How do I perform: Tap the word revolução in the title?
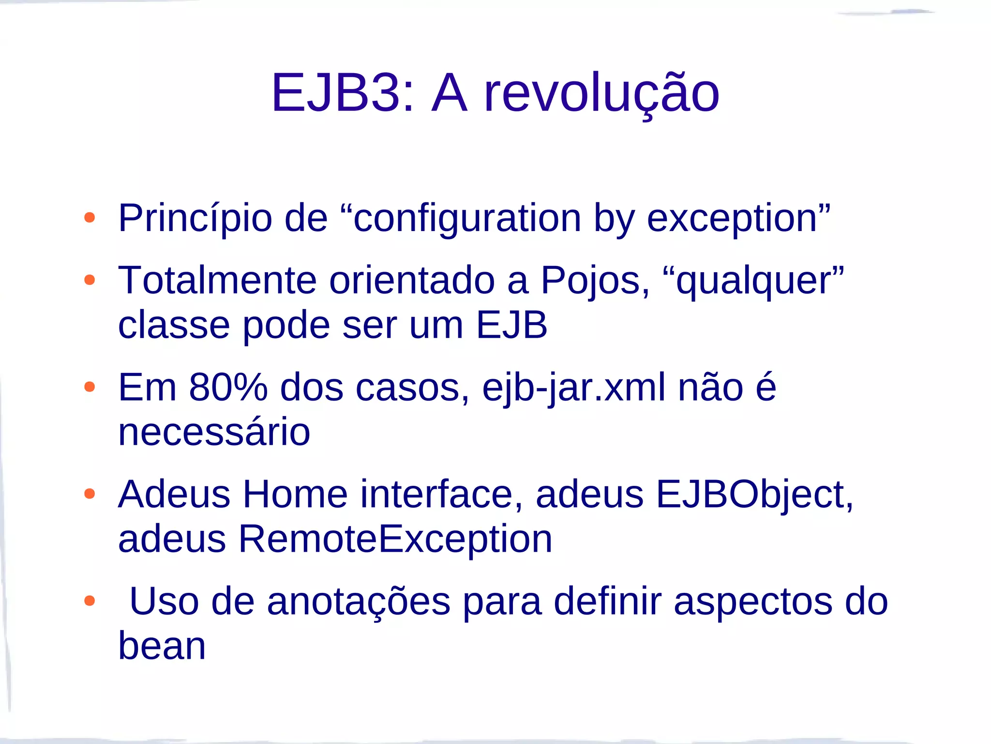click(x=601, y=93)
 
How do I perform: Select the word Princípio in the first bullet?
click(x=195, y=218)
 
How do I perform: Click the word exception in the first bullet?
click(x=732, y=218)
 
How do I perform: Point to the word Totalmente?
click(x=217, y=280)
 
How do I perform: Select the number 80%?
click(x=228, y=387)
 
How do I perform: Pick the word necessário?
click(x=214, y=432)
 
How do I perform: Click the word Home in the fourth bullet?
click(x=295, y=495)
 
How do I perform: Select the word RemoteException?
click(x=395, y=539)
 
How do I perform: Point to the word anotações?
click(x=359, y=602)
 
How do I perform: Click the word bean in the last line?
click(x=162, y=646)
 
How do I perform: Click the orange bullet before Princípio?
click(x=90, y=217)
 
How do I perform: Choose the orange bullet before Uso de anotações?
click(x=90, y=601)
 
